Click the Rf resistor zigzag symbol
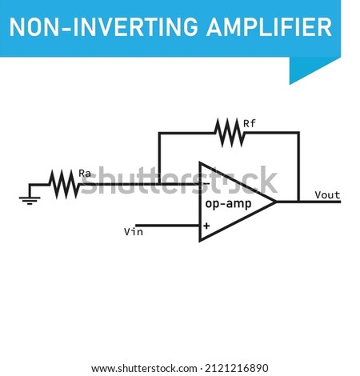coord(230,133)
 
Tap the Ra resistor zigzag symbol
coord(64,184)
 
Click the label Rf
coord(250,123)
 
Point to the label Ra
coord(85,174)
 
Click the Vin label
coord(134,231)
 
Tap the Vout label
coord(327,195)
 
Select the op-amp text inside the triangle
coord(228,204)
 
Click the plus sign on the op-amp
coord(206,226)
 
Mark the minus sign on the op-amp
coord(206,183)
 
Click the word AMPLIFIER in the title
coord(269,27)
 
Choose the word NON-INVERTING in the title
coord(104,27)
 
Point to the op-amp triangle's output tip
coord(276,202)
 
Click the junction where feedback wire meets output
coord(298,202)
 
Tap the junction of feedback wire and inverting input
coord(159,184)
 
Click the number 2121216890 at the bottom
coord(237,368)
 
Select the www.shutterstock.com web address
coord(144,369)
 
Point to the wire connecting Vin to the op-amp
coord(167,226)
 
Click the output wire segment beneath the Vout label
coord(320,202)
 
